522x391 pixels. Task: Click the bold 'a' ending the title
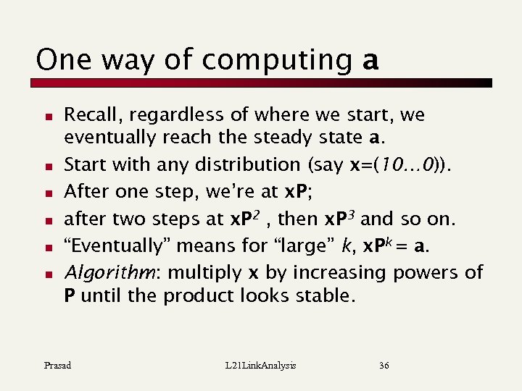[x=370, y=60]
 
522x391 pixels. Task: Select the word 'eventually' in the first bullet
[x=109, y=137]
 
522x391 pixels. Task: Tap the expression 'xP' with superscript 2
[x=244, y=219]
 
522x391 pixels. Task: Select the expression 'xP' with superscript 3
[x=340, y=219]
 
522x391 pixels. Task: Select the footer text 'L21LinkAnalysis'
[x=262, y=366]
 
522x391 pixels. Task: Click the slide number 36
[x=384, y=366]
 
